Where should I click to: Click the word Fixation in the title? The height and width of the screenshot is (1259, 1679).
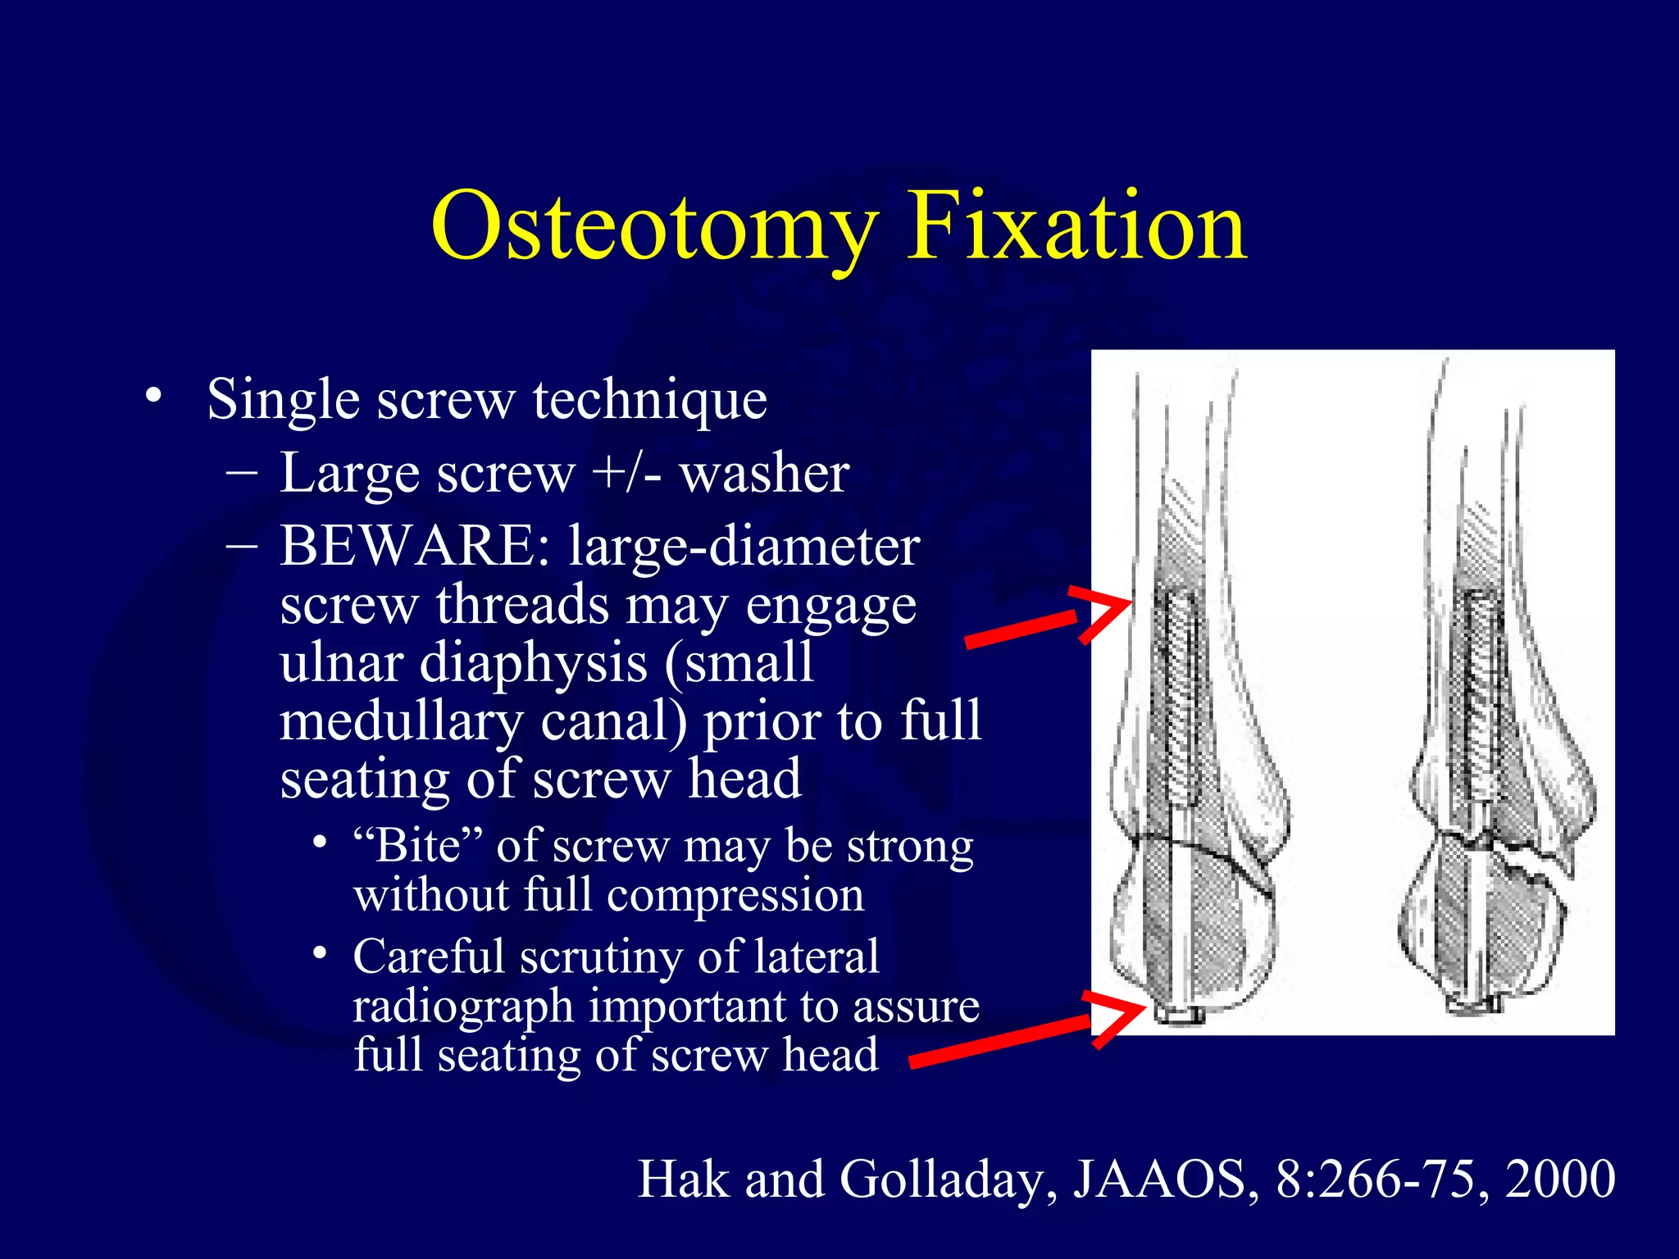[x=1076, y=225]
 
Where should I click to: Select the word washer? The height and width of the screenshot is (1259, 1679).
[x=764, y=474]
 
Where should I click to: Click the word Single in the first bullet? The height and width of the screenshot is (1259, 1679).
[x=283, y=400]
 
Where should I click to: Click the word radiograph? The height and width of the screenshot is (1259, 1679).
[x=462, y=1007]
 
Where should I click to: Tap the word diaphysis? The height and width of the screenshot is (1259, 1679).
[x=534, y=662]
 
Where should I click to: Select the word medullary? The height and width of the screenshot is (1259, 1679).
[x=401, y=721]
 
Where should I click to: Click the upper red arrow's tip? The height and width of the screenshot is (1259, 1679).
[x=1130, y=605]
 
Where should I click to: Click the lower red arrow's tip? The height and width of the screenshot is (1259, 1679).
[x=1143, y=1007]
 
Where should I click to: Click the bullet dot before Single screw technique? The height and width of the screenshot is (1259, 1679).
[x=152, y=397]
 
